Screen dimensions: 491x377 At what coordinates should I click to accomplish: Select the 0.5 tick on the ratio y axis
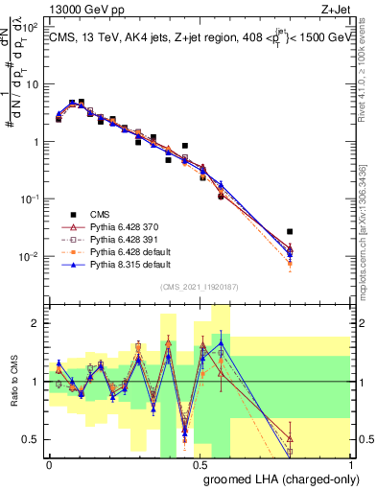31,440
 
